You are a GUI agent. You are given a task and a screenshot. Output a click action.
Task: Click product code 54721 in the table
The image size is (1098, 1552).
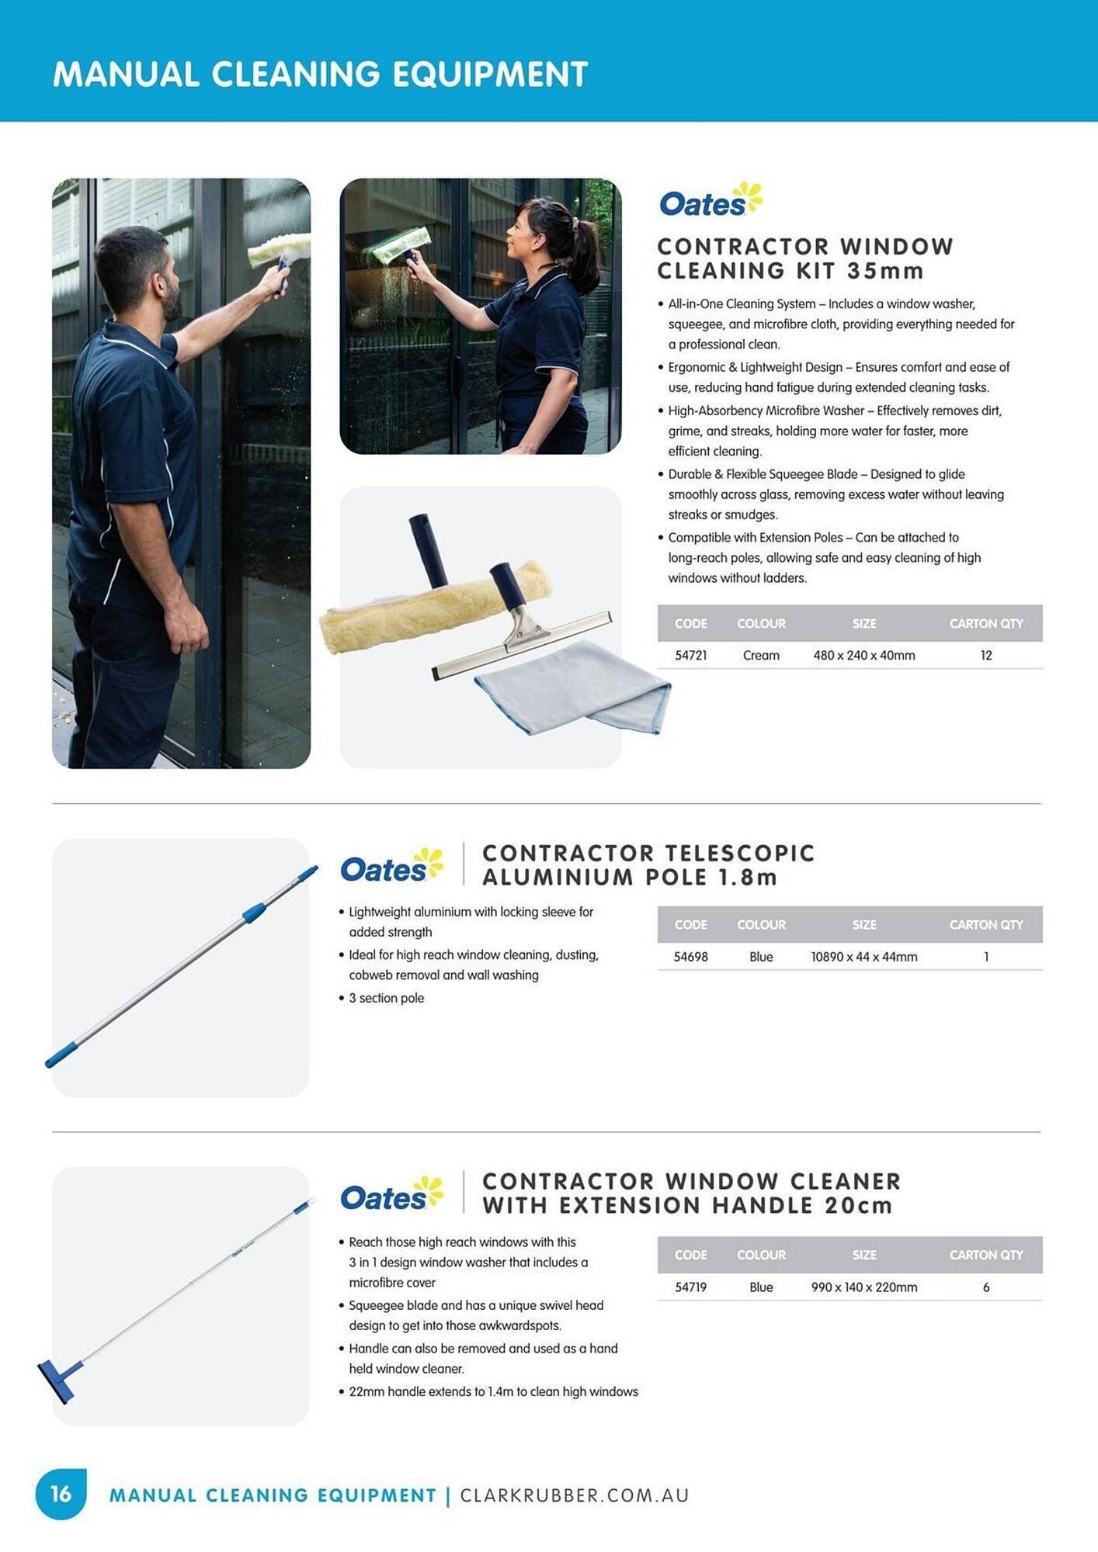[690, 656]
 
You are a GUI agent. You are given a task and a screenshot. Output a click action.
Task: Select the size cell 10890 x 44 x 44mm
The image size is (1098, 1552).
[863, 957]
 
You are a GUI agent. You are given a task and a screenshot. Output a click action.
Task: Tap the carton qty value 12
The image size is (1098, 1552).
[985, 656]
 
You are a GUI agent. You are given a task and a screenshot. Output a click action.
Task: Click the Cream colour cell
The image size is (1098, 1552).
[760, 656]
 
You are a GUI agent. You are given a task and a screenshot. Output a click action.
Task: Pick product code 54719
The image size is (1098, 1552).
[690, 1287]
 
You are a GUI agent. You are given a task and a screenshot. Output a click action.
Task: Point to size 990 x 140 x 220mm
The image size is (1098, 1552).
[863, 1287]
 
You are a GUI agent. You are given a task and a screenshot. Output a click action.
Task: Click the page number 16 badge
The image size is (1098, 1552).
[61, 1494]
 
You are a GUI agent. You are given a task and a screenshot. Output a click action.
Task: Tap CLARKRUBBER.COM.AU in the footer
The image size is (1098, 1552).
[574, 1495]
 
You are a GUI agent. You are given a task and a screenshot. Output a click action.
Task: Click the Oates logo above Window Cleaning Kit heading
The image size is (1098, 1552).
[710, 201]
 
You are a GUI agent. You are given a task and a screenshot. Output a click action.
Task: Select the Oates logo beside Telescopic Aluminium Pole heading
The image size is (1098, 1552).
[391, 867]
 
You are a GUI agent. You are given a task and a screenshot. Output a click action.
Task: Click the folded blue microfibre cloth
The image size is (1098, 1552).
[575, 687]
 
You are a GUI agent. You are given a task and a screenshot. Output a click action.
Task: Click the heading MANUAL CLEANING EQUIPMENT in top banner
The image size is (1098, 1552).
[320, 74]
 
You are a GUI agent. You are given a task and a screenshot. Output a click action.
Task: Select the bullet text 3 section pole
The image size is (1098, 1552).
[386, 998]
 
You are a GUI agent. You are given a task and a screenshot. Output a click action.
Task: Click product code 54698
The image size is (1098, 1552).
[690, 957]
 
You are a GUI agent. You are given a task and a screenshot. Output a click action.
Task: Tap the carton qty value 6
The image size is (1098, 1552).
[985, 1287]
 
